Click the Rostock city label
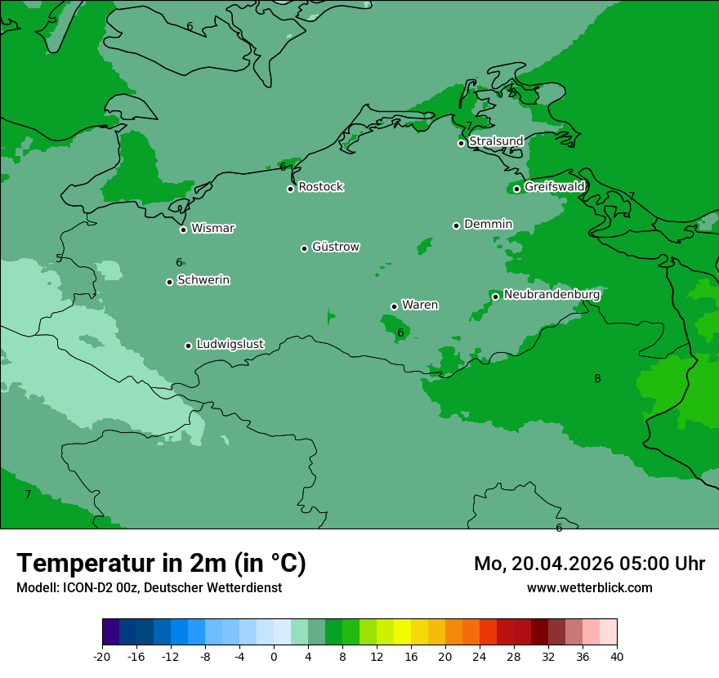320,187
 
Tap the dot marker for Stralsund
461,143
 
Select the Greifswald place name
554,187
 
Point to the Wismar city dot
183,230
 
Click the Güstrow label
335,247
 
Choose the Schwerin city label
203,280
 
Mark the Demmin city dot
456,225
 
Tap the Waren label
420,306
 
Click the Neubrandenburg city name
552,295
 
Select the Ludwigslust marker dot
188,346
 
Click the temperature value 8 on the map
597,378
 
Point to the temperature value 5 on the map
59,259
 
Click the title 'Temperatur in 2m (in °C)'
161,564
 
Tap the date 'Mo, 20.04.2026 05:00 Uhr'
589,564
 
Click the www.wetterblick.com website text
589,587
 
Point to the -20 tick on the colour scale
102,656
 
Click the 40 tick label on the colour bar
617,656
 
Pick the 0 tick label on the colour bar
274,656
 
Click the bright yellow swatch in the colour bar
402,632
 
